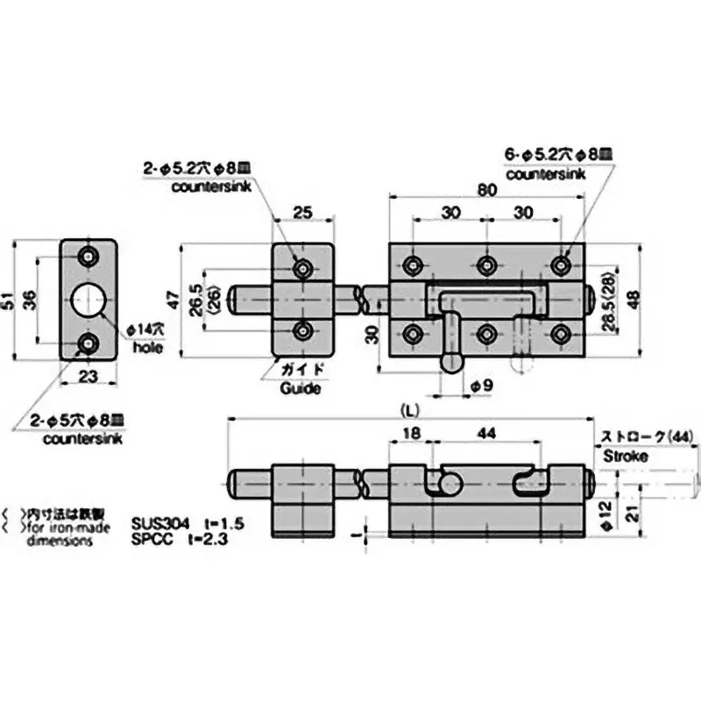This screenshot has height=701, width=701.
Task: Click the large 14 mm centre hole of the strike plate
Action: click(x=89, y=301)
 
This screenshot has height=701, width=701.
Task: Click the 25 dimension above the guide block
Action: click(x=302, y=212)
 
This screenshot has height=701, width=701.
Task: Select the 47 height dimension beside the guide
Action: click(x=177, y=300)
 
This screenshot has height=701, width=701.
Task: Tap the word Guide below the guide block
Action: click(x=301, y=388)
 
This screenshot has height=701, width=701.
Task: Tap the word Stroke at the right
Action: click(x=625, y=456)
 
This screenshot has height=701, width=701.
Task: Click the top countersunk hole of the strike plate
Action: click(x=89, y=257)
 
